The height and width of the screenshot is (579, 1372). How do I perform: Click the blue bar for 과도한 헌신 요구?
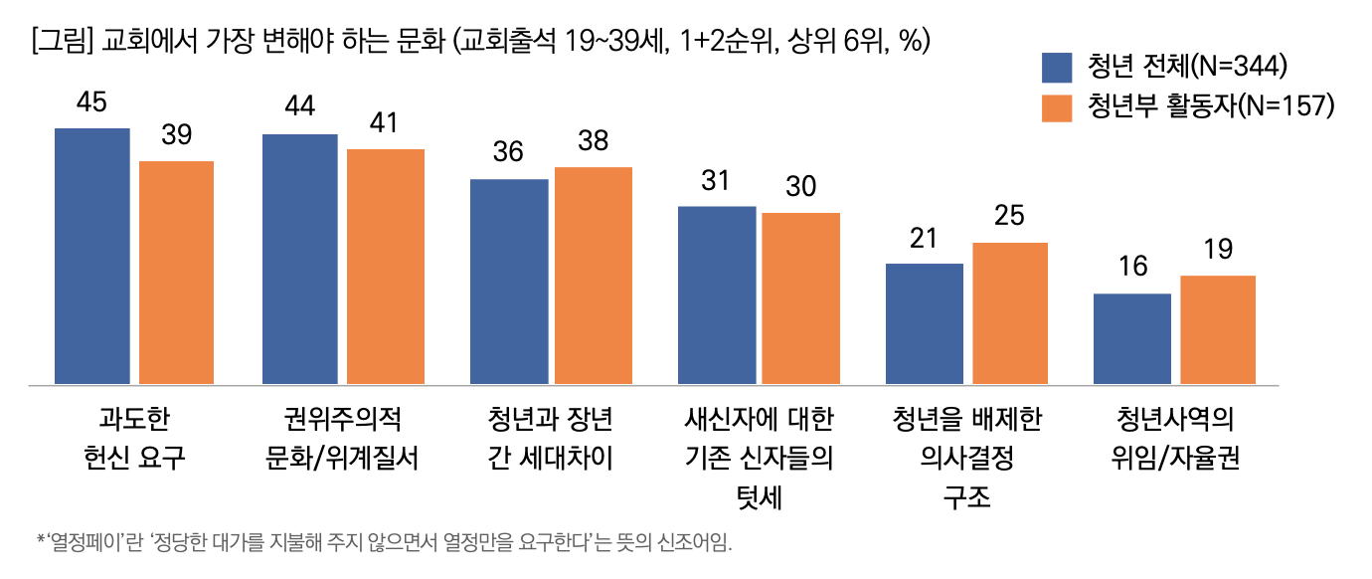[x=92, y=256]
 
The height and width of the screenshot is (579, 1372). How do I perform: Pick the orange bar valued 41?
[x=385, y=266]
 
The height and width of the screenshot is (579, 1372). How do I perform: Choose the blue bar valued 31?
[x=717, y=294]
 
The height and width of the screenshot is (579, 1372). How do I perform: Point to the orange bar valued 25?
[x=1010, y=312]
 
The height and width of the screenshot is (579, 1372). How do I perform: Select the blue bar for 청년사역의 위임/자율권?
[x=1132, y=338]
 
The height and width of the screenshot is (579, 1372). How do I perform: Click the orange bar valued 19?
[x=1218, y=329]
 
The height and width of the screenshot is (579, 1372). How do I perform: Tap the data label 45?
[x=91, y=103]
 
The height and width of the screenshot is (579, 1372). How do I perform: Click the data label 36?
[x=508, y=153]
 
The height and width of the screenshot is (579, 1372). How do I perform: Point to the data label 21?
[x=924, y=239]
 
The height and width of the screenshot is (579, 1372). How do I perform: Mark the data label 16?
[x=1132, y=268]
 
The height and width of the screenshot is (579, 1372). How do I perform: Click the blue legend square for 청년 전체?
[x=1057, y=67]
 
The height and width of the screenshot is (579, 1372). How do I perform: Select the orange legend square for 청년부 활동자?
[x=1057, y=107]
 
